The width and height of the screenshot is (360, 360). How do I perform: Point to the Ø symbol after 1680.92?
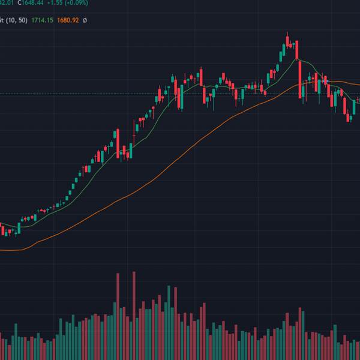click(x=85, y=20)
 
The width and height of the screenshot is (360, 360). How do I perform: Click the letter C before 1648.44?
click(x=19, y=3)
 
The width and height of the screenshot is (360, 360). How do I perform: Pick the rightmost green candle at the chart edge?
click(x=355, y=108)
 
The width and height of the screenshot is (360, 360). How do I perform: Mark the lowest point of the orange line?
click(x=9, y=250)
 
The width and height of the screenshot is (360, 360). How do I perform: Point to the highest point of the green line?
click(x=298, y=59)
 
